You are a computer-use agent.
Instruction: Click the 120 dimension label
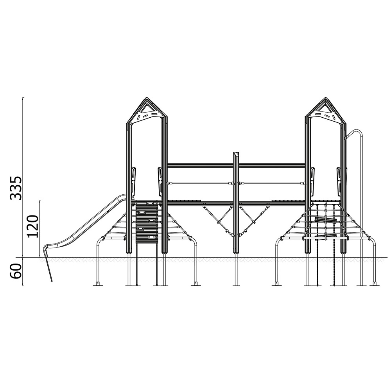coord(33,226)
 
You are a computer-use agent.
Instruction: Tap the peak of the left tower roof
coord(147,97)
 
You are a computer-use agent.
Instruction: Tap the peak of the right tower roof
coord(325,98)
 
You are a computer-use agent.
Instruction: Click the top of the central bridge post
coord(236,153)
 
